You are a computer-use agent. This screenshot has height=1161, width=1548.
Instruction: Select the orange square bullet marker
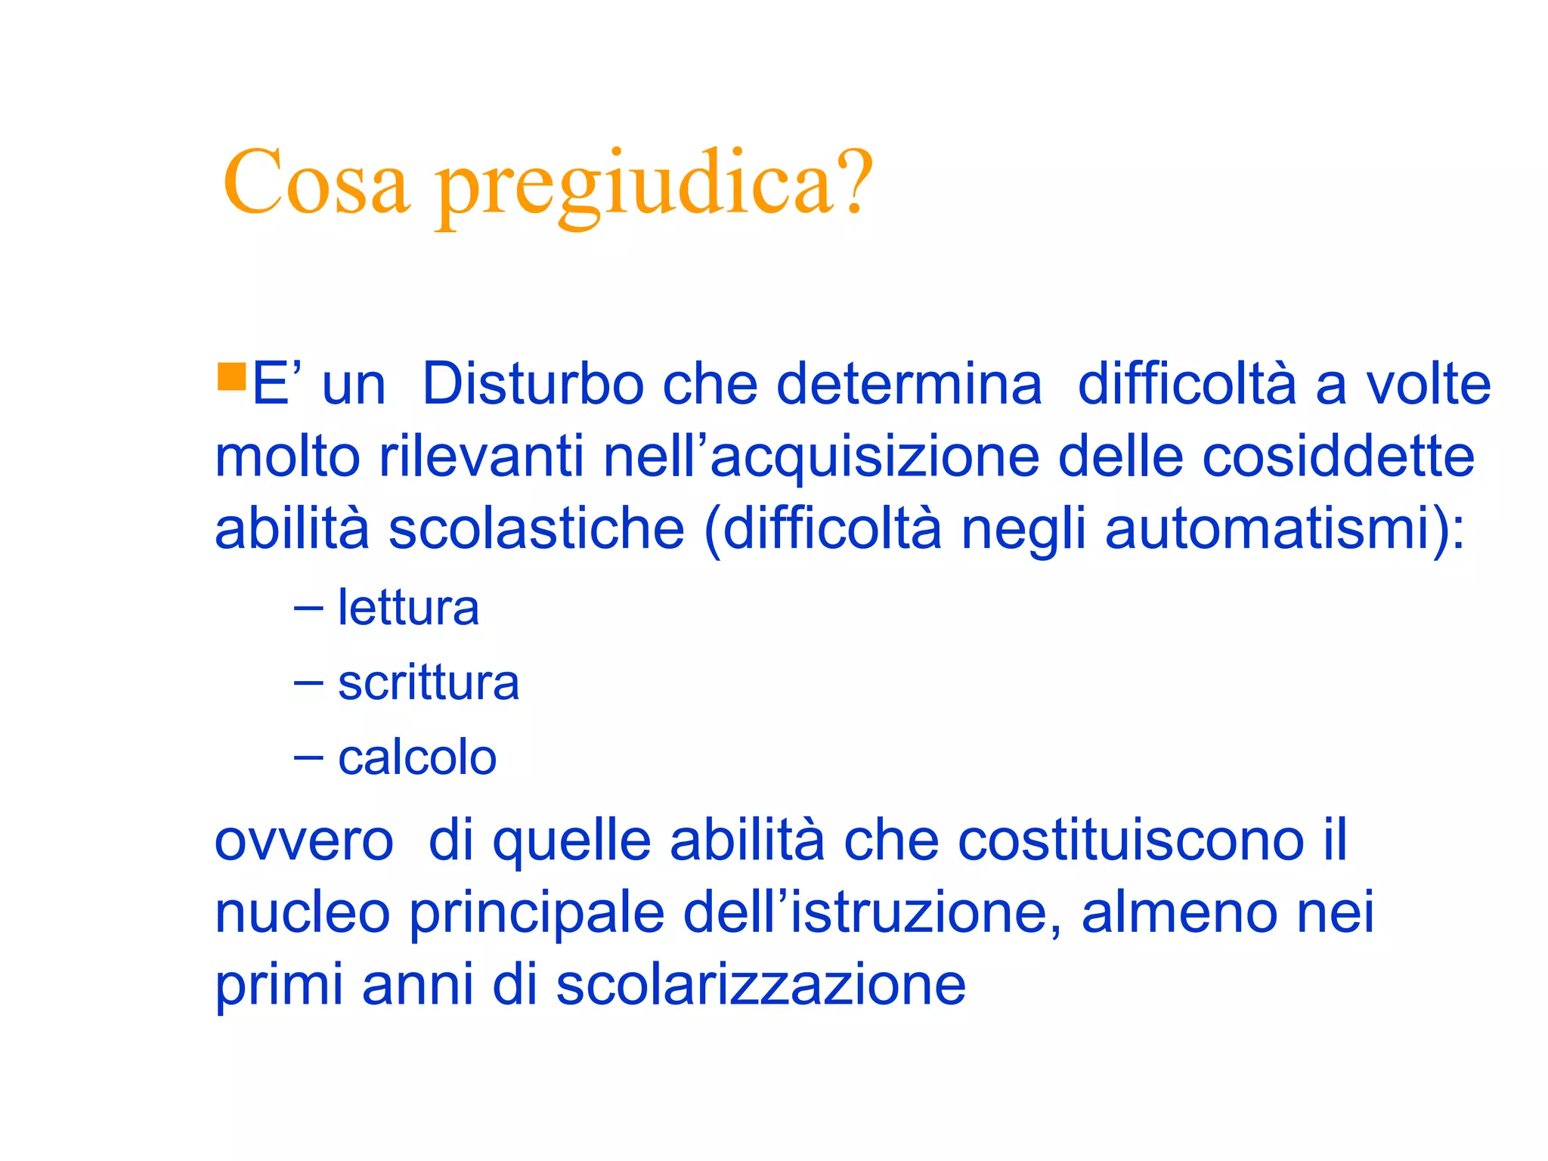pos(231,376)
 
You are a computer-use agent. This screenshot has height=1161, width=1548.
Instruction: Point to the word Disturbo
pos(532,384)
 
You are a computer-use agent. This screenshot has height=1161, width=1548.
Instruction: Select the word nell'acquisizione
pos(822,458)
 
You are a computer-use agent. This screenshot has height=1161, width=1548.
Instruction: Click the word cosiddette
pos(1338,457)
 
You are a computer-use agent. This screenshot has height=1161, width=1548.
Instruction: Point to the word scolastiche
pos(536,528)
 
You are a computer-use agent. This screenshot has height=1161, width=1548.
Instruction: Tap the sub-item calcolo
pos(417,757)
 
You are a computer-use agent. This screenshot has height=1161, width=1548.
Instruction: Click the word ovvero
pos(304,841)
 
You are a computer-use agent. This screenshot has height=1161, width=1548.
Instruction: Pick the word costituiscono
pos(1131,841)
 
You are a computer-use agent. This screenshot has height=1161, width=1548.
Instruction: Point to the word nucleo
pos(302,913)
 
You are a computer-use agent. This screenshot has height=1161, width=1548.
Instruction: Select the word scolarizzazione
pos(760,985)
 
